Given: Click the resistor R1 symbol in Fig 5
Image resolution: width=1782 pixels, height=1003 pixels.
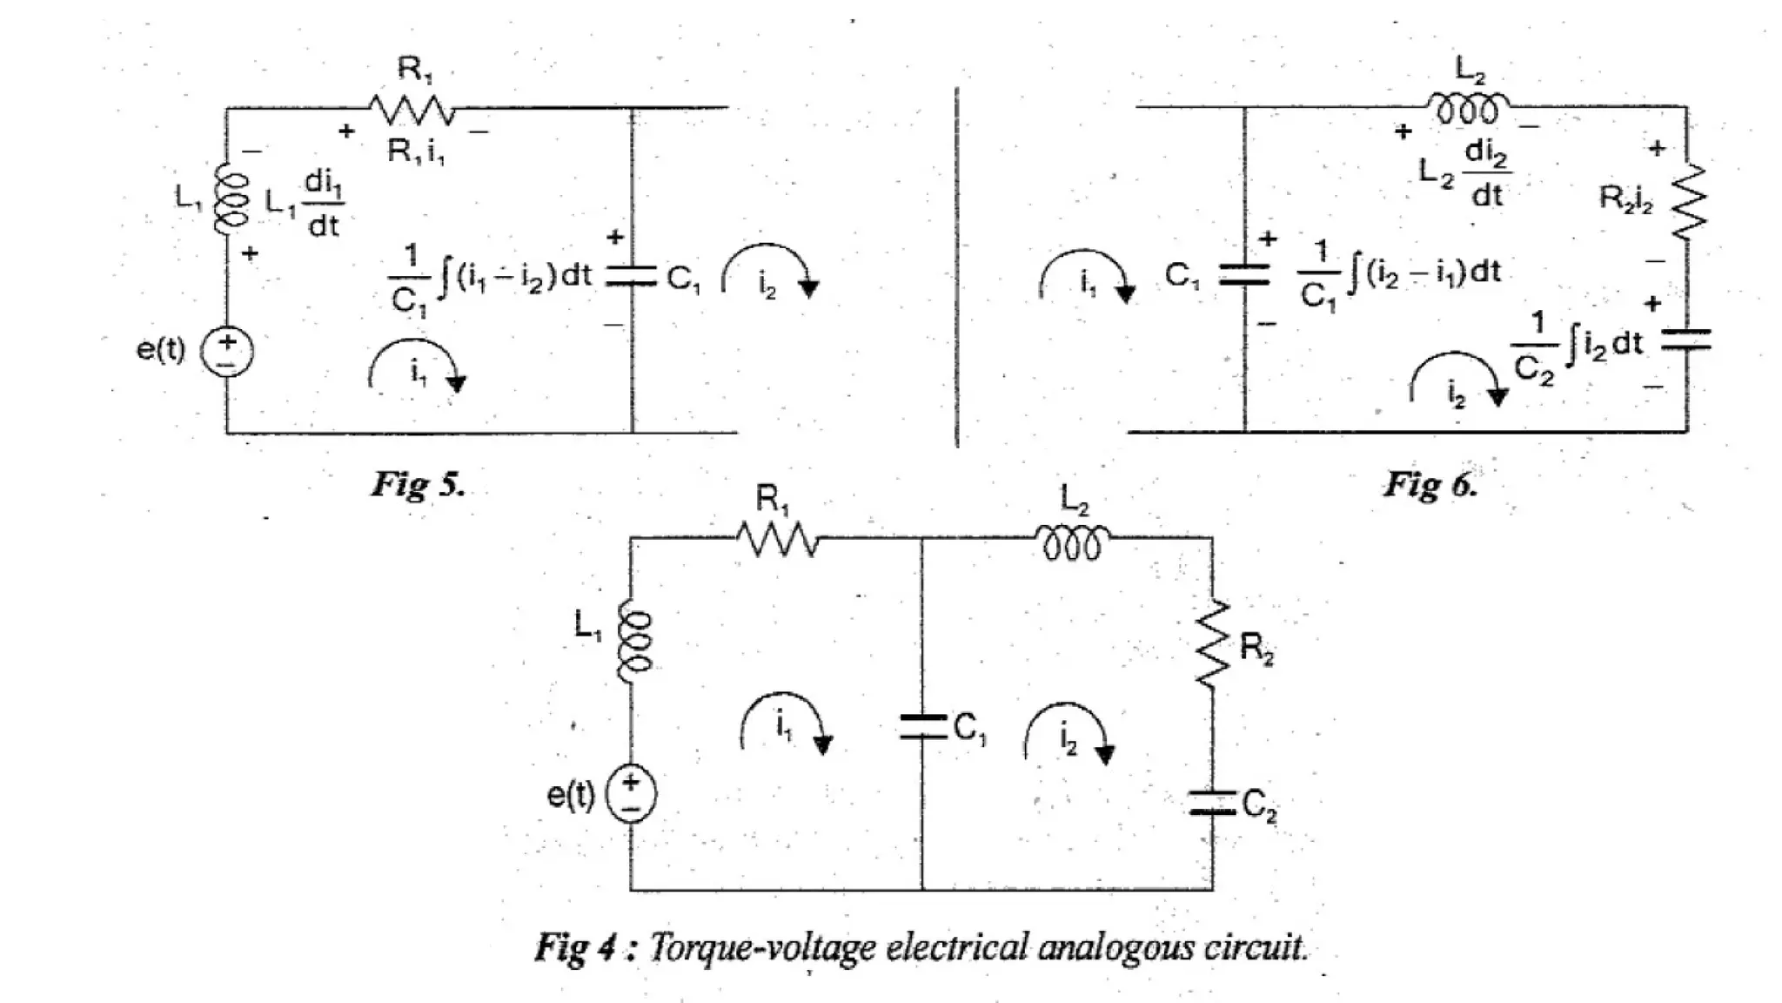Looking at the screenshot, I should click(x=412, y=110).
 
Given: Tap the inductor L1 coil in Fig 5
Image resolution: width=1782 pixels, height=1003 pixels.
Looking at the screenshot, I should click(x=231, y=200).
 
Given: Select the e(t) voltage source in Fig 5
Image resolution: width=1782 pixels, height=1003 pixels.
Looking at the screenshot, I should click(x=227, y=353).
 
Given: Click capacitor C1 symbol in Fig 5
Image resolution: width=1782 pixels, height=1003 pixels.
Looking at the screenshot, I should click(x=632, y=276).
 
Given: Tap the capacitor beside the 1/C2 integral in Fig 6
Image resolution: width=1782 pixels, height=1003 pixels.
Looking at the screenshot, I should click(x=1686, y=340).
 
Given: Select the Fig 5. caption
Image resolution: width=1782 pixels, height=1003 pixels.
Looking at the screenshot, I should click(x=419, y=484).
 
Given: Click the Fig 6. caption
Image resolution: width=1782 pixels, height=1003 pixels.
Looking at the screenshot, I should click(x=1430, y=484).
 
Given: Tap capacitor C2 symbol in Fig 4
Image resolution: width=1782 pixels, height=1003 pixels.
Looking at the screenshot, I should click(x=1212, y=803).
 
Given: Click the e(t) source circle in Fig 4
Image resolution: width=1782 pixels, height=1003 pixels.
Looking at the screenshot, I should click(x=631, y=794).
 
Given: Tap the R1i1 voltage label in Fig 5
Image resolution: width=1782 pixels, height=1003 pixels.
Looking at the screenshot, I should click(x=416, y=152).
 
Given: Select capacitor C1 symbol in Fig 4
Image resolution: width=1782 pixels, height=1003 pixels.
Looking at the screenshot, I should click(x=922, y=726).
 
